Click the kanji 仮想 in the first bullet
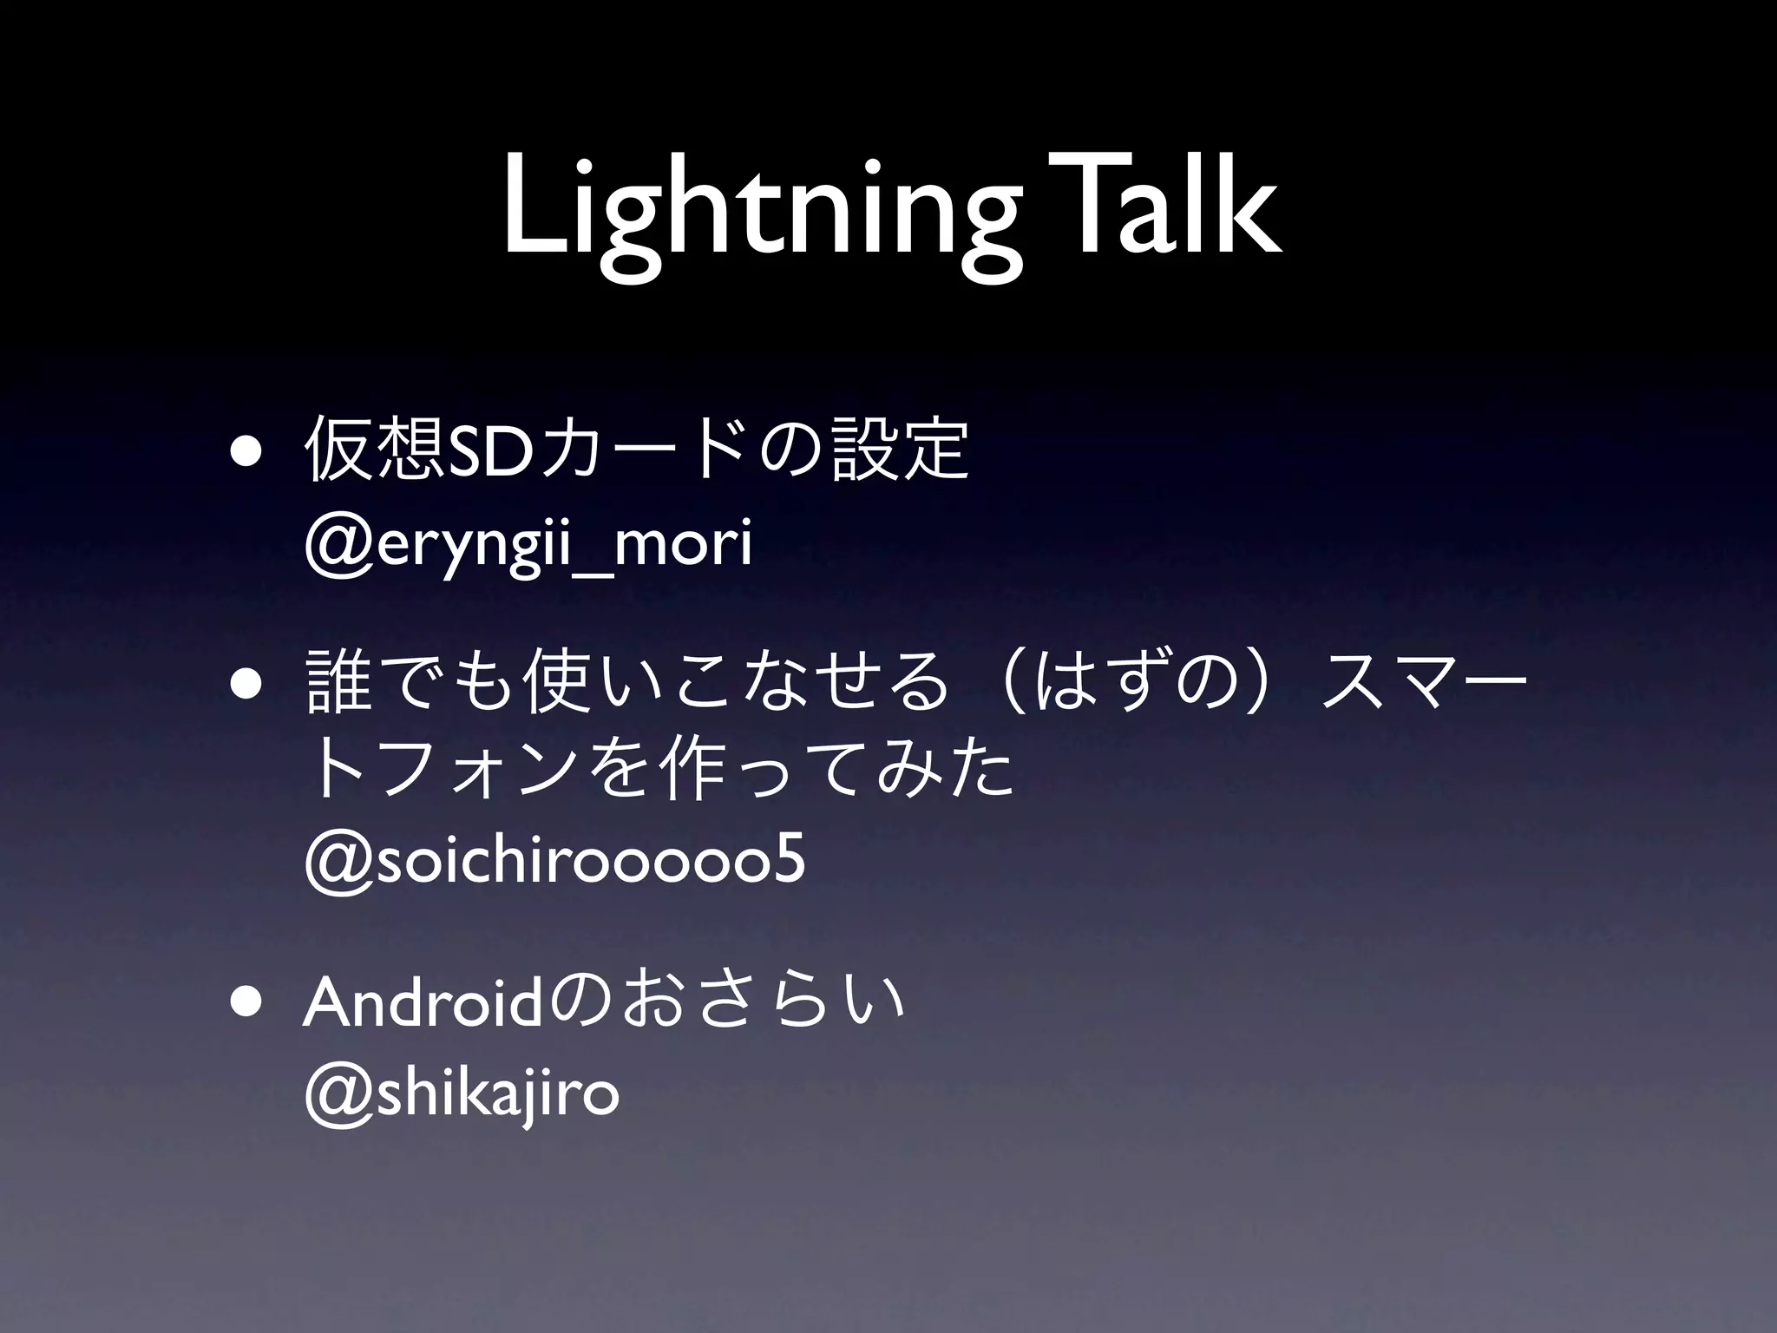[368, 450]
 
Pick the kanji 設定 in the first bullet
[899, 450]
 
